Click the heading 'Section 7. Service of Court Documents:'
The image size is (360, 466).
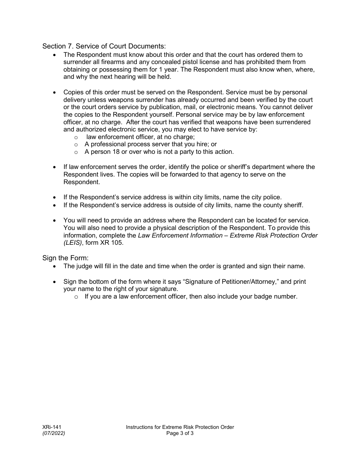(104, 46)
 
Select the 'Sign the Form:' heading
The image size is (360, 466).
(65, 258)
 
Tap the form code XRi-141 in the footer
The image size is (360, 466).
(52, 427)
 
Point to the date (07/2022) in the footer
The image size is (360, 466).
(53, 433)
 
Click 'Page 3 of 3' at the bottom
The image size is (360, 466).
(180, 433)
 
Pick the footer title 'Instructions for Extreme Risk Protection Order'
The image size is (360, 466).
(180, 427)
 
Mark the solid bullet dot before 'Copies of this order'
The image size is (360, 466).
(55, 92)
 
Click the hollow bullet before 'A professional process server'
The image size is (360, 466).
(76, 145)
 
